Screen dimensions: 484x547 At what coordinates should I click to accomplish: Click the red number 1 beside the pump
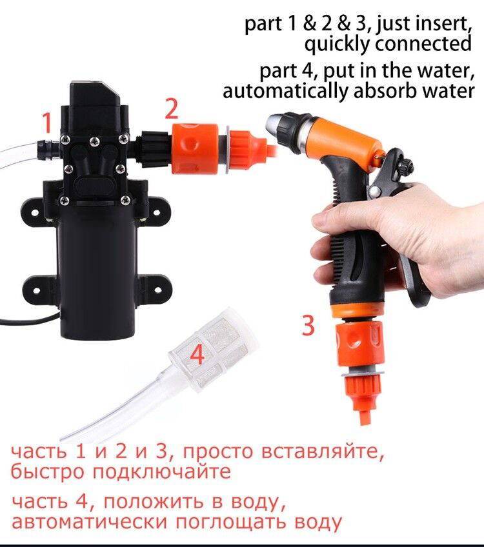tap(47, 123)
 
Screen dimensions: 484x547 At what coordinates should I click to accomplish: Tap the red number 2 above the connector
tap(172, 109)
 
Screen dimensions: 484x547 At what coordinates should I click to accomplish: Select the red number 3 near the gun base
tap(308, 325)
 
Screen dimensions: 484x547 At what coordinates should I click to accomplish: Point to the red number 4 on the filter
tap(197, 355)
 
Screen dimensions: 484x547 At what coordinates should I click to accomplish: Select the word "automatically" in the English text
tap(286, 92)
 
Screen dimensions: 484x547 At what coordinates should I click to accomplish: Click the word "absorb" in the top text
tap(381, 91)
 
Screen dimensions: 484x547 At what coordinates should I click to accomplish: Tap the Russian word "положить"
tap(153, 502)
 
